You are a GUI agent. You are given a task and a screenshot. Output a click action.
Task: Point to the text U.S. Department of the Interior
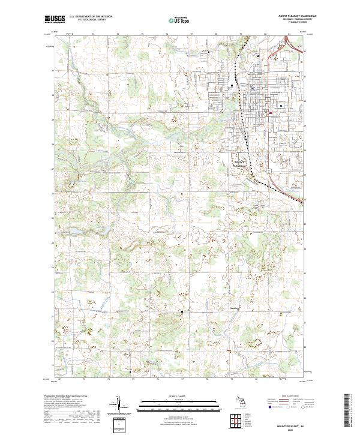click(91, 16)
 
